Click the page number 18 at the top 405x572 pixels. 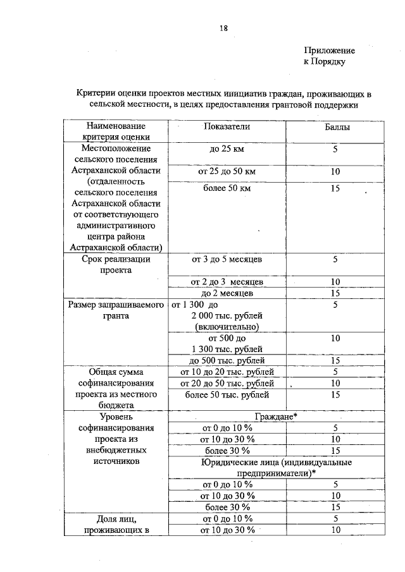click(x=223, y=28)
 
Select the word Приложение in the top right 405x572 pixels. click(x=329, y=50)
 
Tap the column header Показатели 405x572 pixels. click(x=227, y=126)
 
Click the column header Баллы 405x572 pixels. click(x=335, y=126)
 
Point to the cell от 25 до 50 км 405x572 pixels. click(x=227, y=172)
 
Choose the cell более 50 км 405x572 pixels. click(x=227, y=188)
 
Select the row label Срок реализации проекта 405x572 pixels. click(x=116, y=264)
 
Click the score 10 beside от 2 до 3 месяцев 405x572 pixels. click(x=335, y=282)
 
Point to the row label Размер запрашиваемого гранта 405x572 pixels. click(x=116, y=310)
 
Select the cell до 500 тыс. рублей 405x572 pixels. click(x=227, y=360)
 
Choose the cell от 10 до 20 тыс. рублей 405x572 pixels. click(x=227, y=372)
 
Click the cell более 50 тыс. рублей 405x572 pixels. click(x=227, y=394)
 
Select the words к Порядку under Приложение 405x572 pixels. click(x=325, y=61)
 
